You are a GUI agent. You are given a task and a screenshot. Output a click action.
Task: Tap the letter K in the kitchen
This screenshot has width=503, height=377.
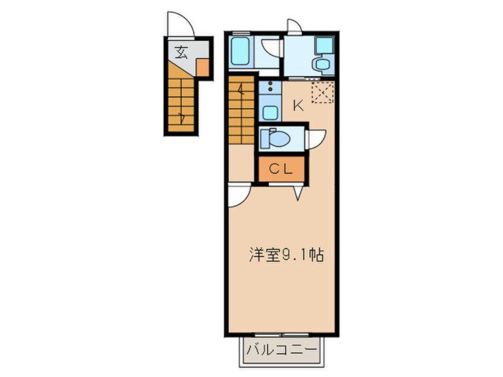point(297,106)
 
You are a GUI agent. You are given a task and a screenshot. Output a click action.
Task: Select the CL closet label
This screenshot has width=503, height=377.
point(281,169)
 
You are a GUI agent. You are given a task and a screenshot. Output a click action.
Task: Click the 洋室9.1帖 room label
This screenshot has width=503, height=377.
point(286,256)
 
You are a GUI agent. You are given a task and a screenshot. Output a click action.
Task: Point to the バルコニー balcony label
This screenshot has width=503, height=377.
point(281,350)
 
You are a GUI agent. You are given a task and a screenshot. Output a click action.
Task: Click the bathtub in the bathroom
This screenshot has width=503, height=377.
point(239,51)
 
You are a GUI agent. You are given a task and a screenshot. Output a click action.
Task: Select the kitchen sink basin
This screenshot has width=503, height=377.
point(271,112)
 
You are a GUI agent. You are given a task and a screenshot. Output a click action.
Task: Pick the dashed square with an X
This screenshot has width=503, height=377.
point(323,92)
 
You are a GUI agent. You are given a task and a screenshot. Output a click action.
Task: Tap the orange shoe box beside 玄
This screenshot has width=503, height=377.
point(202,68)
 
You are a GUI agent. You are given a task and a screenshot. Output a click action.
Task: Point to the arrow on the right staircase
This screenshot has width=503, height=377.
point(241,90)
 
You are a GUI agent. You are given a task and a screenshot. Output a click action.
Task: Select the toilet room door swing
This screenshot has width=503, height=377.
point(315,139)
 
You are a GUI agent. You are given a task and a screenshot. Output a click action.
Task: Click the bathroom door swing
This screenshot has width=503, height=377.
point(272,48)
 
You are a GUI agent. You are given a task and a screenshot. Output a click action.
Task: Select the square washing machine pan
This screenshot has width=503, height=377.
point(324,45)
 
